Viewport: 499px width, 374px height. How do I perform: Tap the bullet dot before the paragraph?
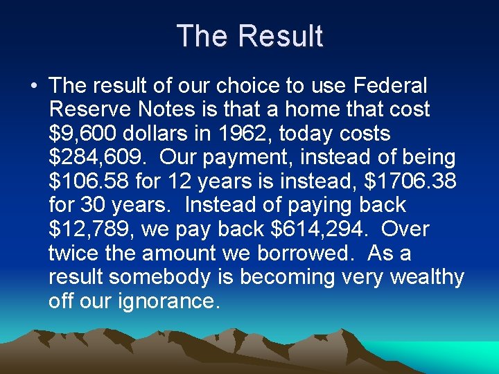pyautogui.click(x=33, y=87)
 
